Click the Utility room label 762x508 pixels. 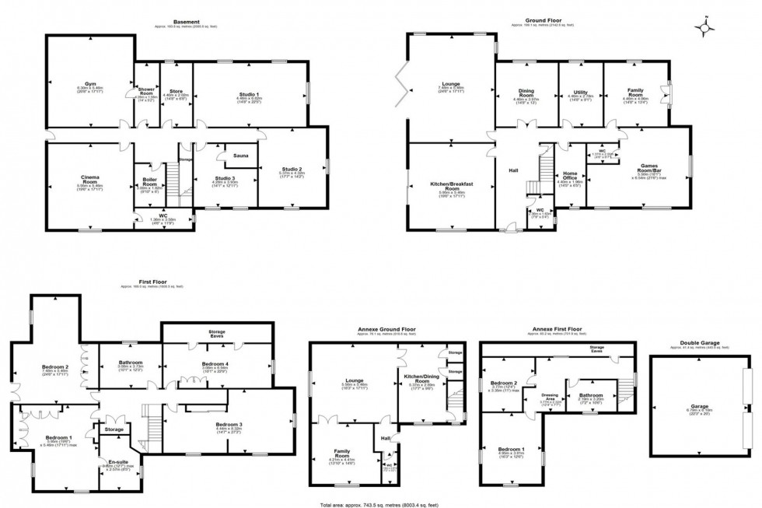click(x=580, y=93)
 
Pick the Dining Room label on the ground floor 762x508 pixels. click(x=526, y=93)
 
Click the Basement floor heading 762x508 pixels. click(x=187, y=22)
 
